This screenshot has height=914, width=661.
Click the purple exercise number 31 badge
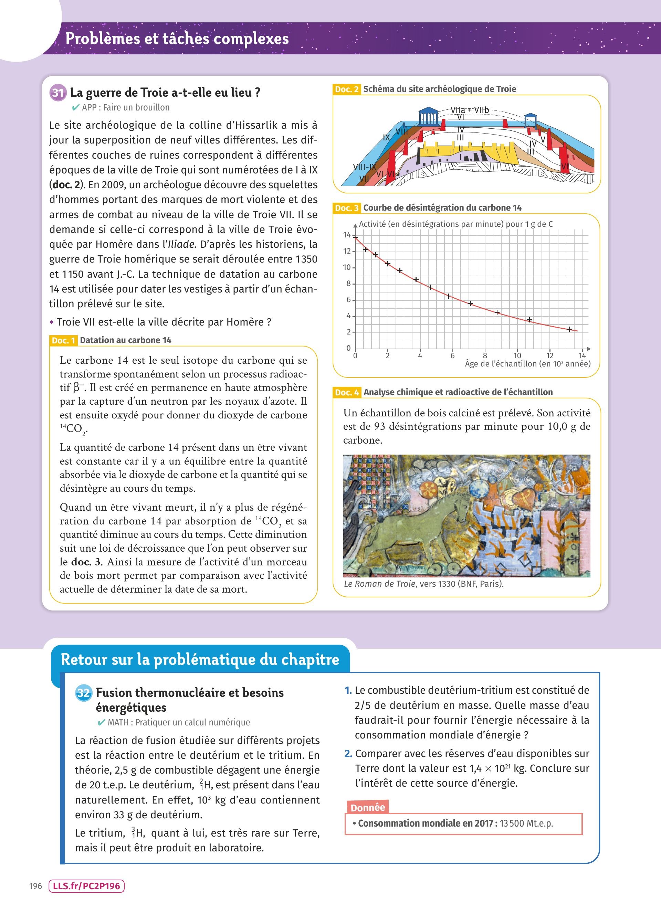(58, 93)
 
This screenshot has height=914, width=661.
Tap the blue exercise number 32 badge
(84, 693)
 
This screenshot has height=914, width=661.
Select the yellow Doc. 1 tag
(63, 340)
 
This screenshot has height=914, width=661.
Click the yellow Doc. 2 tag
(347, 89)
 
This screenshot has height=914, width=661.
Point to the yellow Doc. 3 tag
(347, 208)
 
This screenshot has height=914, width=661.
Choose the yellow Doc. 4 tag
(347, 392)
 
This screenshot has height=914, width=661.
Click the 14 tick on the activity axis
(347, 235)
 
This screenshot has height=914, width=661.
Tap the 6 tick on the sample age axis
(452, 355)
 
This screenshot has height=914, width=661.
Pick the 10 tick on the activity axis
(347, 267)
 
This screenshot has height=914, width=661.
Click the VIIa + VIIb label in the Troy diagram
(469, 110)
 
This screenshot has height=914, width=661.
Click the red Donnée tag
(368, 808)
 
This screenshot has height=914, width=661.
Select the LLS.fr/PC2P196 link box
(86, 886)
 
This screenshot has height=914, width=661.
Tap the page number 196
(35, 886)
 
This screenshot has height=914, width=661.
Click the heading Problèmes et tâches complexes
(177, 39)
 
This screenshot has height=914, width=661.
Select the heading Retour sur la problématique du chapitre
(200, 659)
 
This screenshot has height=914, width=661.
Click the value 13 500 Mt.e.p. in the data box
(526, 823)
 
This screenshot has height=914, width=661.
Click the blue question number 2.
(348, 754)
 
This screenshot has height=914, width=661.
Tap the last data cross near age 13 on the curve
(569, 329)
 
